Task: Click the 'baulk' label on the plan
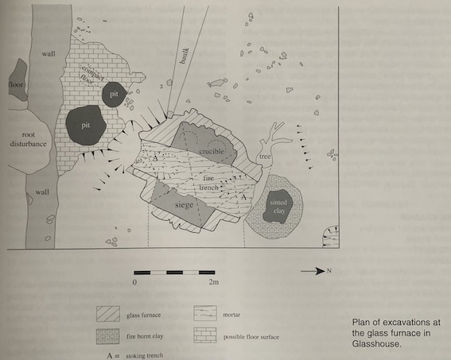point(185,56)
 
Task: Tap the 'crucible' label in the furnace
point(212,152)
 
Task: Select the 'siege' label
point(184,205)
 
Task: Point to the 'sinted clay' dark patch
point(278,206)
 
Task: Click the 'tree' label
point(265,157)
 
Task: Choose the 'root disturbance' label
point(28,139)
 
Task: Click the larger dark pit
point(86,125)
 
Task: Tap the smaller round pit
point(115,95)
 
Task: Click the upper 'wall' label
point(49,54)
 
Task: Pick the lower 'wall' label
point(42,192)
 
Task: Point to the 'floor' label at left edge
point(16,85)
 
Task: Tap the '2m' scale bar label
point(214,282)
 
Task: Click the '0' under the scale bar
point(134,282)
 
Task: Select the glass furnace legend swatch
point(108,314)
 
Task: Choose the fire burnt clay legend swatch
point(108,336)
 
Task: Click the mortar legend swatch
point(205,313)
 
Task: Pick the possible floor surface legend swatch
point(205,335)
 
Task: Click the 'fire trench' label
point(209,183)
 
